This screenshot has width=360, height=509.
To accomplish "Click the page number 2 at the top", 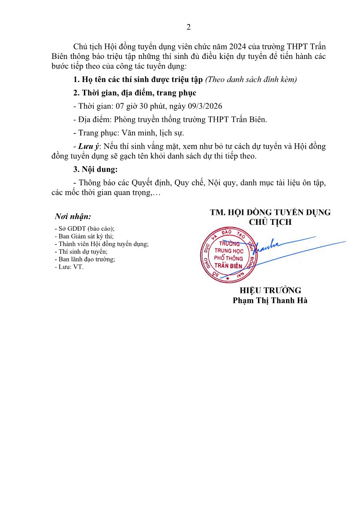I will coord(188,27).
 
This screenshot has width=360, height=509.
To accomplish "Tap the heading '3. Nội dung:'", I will coord(95,170).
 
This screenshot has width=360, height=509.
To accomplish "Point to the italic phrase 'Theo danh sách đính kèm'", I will coord(252,80).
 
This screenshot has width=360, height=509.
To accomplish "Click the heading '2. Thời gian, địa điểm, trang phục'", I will coord(135,93).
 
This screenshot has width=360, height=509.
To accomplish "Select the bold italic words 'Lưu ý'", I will coord(88,146).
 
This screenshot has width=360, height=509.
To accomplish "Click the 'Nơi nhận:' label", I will coord(73,217).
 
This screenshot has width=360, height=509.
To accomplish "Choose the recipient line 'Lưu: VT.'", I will coord(69,267).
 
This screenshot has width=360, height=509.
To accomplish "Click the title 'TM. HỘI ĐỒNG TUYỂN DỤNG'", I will coord(270,212).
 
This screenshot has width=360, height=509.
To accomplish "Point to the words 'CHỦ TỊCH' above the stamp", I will coord(270,222).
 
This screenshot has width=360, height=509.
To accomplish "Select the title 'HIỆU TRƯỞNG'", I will coord(270,291).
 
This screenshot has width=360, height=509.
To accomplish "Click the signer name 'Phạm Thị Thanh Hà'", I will coord(270,300).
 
